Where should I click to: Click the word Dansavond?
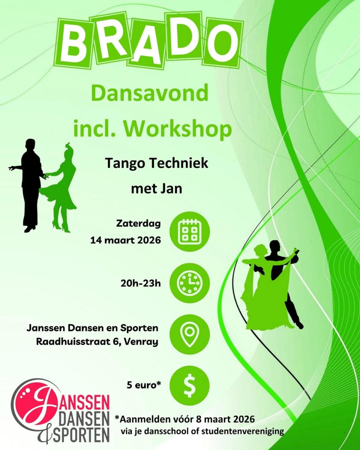coord(150,93)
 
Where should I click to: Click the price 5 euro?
coord(144,385)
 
